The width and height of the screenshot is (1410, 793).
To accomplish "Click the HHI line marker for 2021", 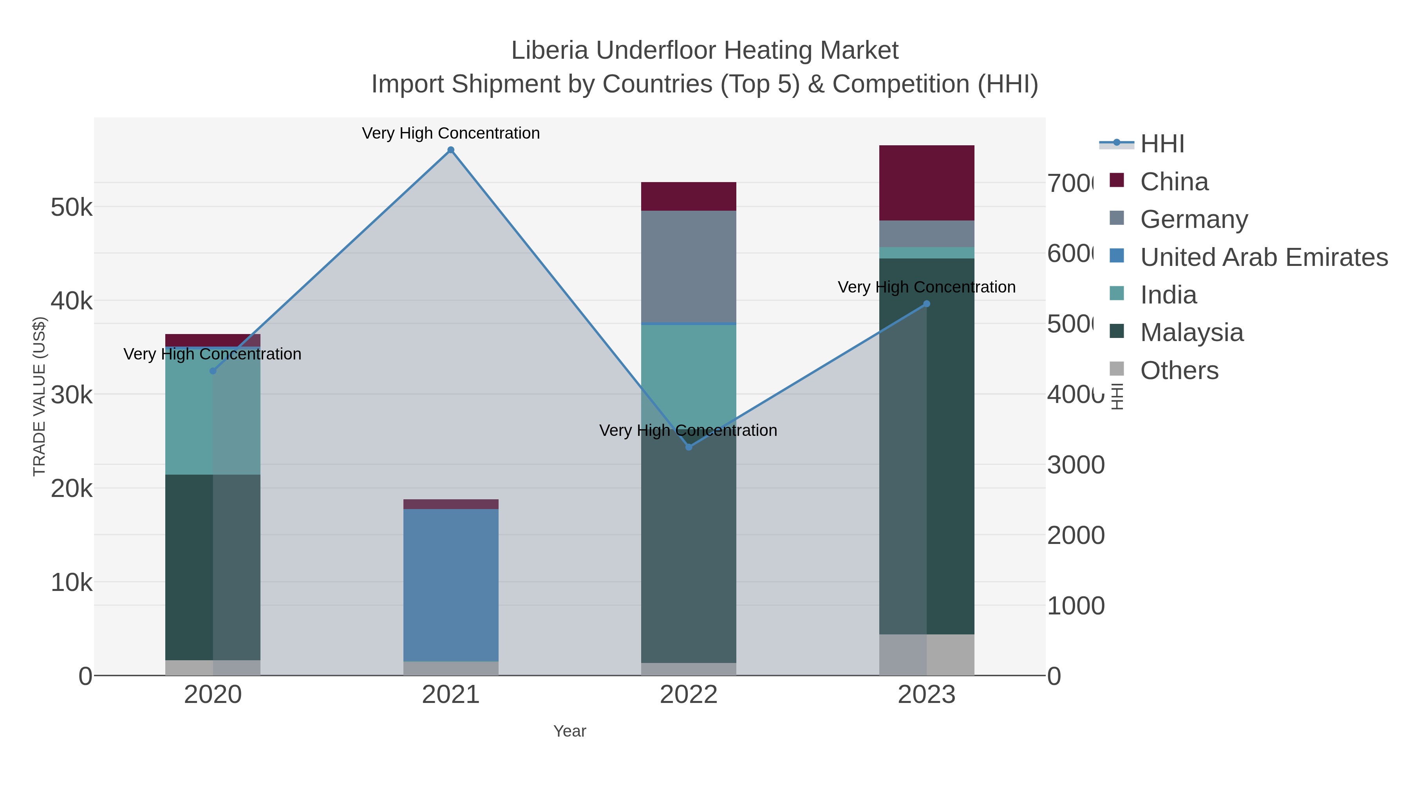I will click(x=450, y=150).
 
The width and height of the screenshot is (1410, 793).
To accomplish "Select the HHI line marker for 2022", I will click(x=689, y=447).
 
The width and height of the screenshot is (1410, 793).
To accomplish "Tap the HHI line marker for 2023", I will click(x=927, y=304).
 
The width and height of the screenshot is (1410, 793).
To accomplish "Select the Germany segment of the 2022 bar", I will click(x=689, y=267).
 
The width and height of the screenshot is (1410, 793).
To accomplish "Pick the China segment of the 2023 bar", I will click(x=927, y=183).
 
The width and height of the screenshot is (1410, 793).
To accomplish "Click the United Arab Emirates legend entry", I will click(x=1263, y=257).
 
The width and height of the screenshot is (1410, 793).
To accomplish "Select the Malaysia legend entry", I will click(x=1191, y=333).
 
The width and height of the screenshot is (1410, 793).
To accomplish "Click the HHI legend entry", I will click(x=1162, y=144).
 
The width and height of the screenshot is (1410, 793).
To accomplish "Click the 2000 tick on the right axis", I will click(x=1076, y=535).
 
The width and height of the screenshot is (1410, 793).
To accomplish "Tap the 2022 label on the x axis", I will click(x=689, y=695).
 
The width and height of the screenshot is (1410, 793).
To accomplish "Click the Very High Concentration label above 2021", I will click(x=450, y=133).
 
